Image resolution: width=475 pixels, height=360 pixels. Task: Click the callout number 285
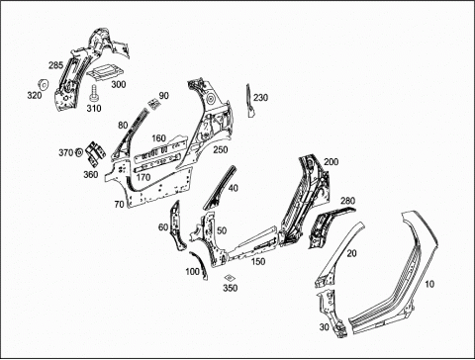55,65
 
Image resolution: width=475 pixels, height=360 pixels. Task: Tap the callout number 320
35,96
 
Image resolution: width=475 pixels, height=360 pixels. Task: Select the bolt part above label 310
94,93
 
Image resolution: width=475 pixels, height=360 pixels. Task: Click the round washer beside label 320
44,84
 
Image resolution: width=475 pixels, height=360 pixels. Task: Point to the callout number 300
119,84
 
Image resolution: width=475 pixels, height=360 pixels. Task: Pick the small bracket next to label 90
153,104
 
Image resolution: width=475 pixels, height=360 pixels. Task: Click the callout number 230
260,98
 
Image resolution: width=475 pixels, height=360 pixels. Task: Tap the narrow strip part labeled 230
249,101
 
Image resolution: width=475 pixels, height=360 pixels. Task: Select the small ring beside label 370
79,152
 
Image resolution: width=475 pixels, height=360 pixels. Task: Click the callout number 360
90,174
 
